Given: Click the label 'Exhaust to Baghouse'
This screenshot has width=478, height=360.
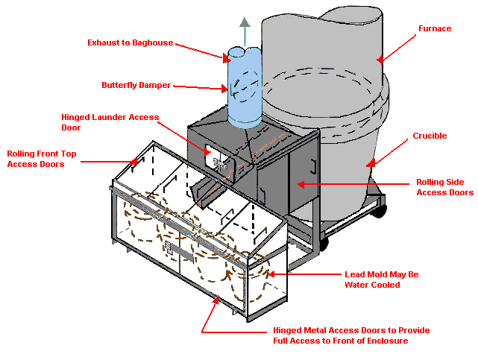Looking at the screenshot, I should [x=130, y=42].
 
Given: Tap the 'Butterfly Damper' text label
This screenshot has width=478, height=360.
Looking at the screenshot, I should [x=136, y=85].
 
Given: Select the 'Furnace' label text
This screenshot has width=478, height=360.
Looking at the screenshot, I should [x=434, y=28].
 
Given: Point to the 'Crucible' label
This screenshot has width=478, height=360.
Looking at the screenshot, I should [x=430, y=136].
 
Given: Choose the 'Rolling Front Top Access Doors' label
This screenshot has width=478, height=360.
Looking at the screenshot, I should [x=42, y=159].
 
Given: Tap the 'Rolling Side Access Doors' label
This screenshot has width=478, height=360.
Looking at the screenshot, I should [x=444, y=187].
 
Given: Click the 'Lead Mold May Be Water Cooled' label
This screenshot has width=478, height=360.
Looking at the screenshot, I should [x=381, y=279].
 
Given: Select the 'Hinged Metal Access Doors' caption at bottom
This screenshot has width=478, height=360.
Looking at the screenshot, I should [x=351, y=335].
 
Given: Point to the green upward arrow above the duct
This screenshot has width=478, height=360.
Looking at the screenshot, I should [x=243, y=30].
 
